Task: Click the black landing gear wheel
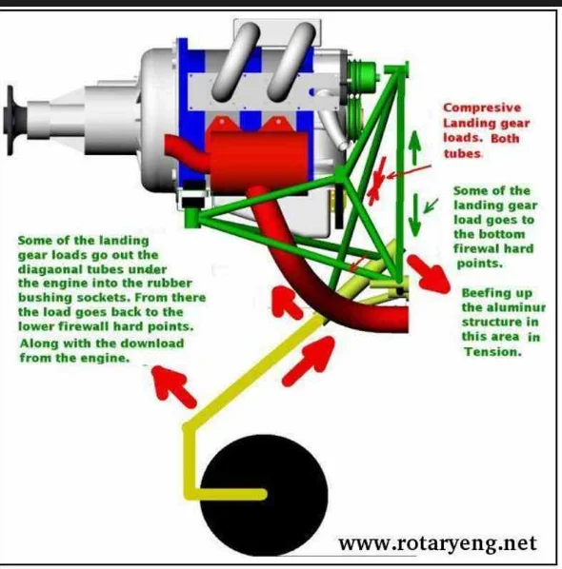coord(264,495)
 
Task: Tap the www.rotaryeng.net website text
coord(437,543)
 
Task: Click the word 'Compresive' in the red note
coord(482,108)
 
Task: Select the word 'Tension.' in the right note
coord(492,352)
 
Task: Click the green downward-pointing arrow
coord(415,215)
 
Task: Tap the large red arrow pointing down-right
coord(429,274)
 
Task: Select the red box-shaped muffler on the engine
coord(260,156)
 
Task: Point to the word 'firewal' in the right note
coord(475,248)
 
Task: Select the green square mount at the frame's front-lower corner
coord(191,218)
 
